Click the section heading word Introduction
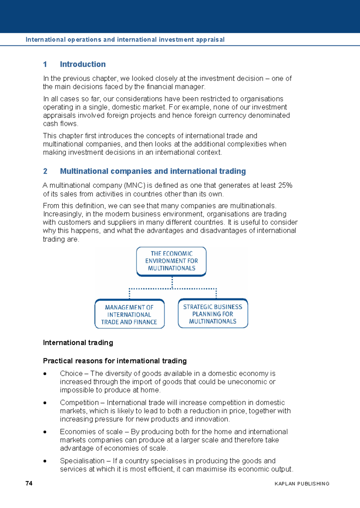point(82,64)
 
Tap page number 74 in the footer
point(29,483)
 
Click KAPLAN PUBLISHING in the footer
point(302,484)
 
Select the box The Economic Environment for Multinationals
point(171,261)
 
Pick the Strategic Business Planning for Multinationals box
point(213,314)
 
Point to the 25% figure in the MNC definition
point(285,185)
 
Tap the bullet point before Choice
point(45,374)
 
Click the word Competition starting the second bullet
point(79,403)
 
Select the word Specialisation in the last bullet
point(82,461)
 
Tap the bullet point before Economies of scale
point(45,432)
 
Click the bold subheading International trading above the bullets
point(78,343)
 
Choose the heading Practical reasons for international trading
point(115,361)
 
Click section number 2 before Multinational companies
point(45,171)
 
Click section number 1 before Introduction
point(45,64)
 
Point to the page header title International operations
point(125,40)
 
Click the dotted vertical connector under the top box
point(172,282)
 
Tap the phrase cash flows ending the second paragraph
point(60,124)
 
